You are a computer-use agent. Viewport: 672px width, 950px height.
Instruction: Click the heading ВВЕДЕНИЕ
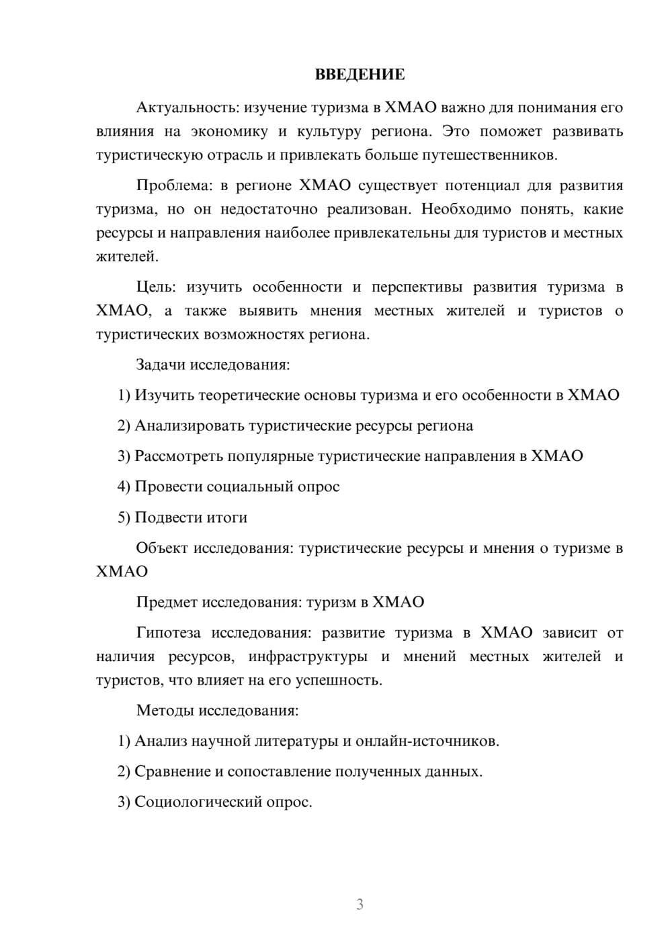click(x=360, y=75)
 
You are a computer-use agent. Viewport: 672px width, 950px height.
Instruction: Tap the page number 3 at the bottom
click(x=360, y=904)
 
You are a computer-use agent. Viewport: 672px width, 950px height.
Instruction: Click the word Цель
click(x=156, y=288)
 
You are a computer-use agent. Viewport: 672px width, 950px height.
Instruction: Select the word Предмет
click(x=167, y=602)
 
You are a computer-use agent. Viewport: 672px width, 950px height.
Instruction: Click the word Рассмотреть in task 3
click(x=179, y=456)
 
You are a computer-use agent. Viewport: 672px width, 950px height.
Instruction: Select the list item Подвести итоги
click(x=191, y=517)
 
